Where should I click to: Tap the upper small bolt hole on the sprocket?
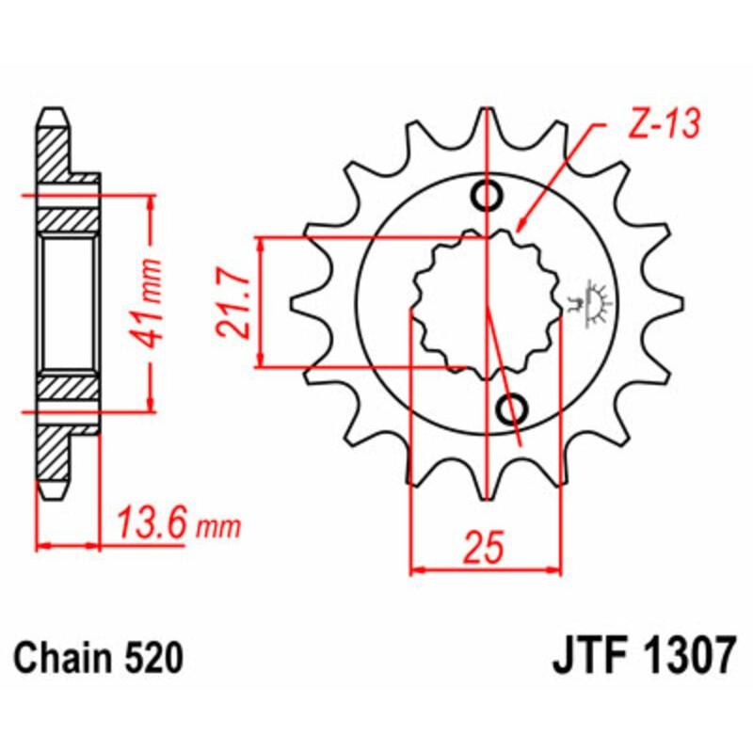click(489, 196)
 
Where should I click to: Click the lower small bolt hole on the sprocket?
click(512, 409)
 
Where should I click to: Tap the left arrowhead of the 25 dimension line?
click(417, 569)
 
